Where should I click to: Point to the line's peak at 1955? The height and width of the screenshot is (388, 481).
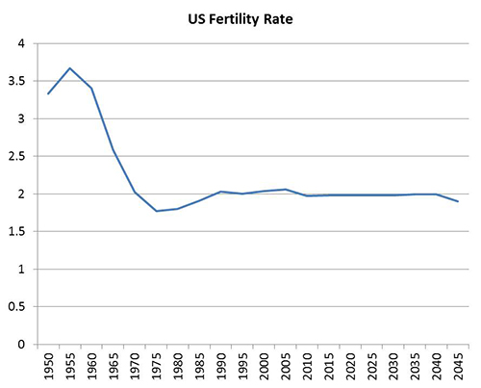pos(70,68)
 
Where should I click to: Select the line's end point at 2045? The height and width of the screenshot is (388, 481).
pos(457,201)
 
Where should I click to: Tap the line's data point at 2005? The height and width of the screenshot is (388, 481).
pos(285,189)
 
